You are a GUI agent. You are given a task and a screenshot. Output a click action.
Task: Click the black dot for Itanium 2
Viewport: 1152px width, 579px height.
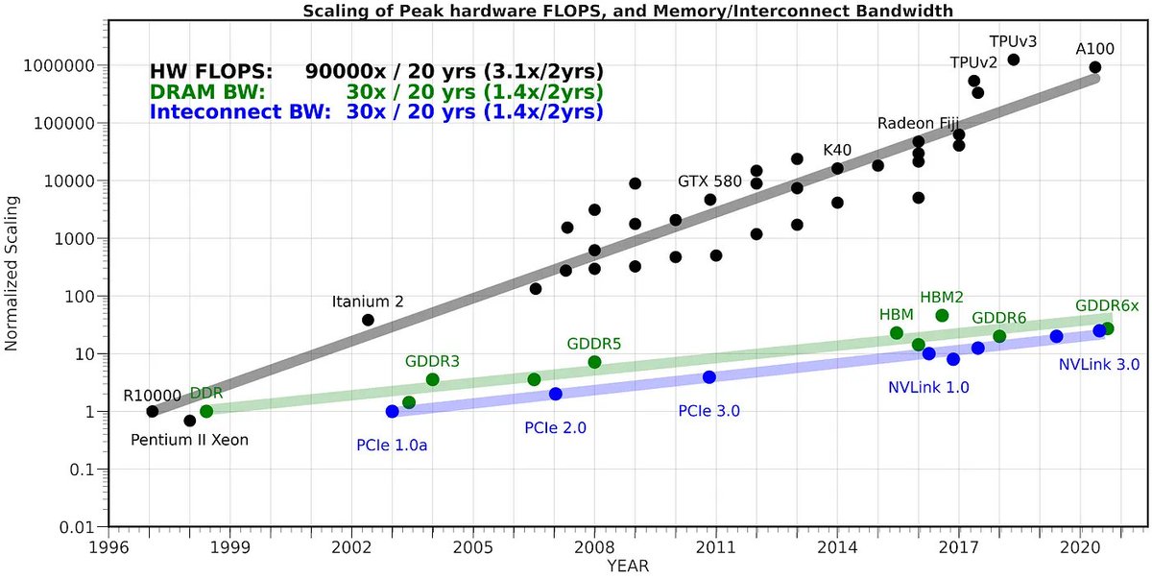[368, 320]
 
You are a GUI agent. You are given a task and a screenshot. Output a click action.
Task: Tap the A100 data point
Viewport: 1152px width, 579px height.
[1094, 67]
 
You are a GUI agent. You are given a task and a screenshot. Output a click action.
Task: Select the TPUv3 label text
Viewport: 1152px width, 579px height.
[1013, 41]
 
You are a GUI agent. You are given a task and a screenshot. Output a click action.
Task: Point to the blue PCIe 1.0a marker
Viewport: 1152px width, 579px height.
[392, 411]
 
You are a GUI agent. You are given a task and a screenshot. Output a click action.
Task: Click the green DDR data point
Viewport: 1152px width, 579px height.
[206, 411]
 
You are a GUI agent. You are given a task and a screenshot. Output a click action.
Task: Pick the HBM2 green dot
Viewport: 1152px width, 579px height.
[942, 316]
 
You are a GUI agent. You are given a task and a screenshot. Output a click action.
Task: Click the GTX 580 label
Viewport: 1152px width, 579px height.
[709, 181]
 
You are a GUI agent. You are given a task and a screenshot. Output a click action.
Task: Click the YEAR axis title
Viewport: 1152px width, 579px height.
[628, 567]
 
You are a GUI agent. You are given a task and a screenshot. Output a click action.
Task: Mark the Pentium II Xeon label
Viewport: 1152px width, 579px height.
[189, 441]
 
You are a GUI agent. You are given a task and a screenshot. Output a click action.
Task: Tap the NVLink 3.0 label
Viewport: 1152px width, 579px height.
[1098, 365]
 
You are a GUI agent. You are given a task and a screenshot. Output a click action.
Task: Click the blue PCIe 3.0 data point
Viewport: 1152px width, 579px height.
[708, 377]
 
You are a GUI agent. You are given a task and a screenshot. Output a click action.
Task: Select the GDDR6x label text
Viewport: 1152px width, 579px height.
[1107, 305]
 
